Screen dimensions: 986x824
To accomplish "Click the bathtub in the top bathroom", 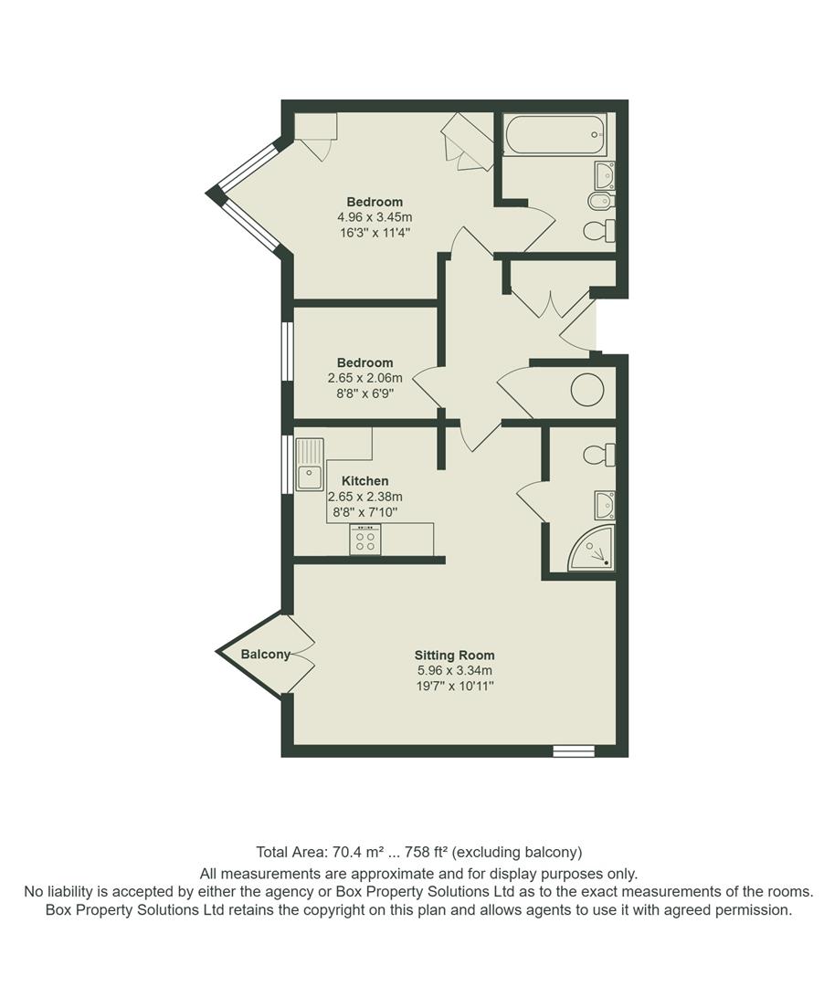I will [555, 136].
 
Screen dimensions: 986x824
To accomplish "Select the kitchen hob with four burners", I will [365, 540].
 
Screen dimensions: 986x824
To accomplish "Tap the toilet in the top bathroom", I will [599, 230].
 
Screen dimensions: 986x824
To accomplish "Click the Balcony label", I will [265, 654].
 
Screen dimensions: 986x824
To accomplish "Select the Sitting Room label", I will [454, 655].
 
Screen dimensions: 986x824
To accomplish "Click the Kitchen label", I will [364, 480].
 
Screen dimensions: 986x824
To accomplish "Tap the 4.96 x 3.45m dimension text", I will [375, 217].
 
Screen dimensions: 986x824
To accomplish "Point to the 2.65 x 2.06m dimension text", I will [364, 377].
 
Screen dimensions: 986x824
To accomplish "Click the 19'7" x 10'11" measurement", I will [454, 686].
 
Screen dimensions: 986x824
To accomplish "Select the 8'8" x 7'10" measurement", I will [364, 512].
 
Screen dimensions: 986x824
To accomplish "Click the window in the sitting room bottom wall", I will [574, 750].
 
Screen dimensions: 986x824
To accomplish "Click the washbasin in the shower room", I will [604, 503].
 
